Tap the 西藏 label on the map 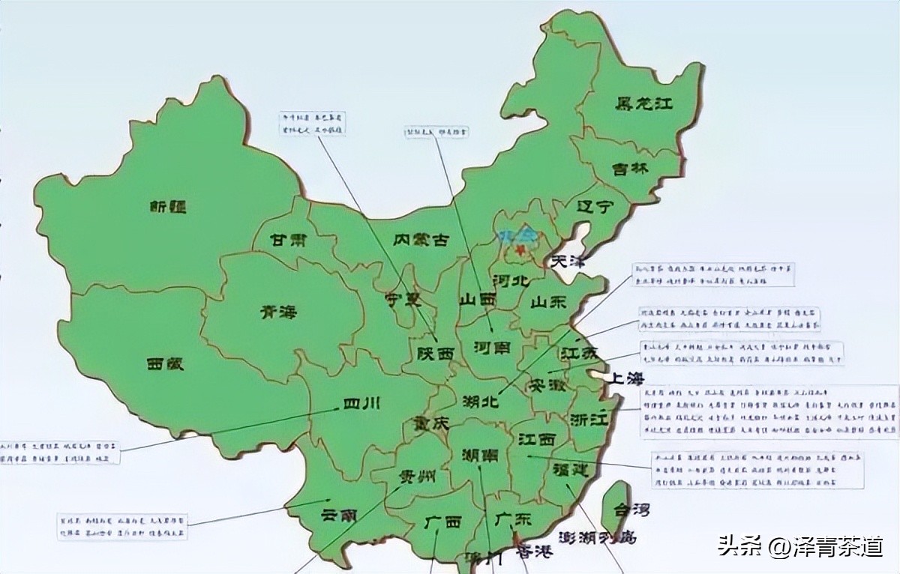click(x=166, y=364)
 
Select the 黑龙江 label click(x=643, y=103)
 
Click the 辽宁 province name click(x=595, y=207)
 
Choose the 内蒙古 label click(x=421, y=240)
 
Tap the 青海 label click(x=278, y=311)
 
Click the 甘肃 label click(x=288, y=241)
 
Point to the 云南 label click(x=339, y=516)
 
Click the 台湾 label click(x=631, y=510)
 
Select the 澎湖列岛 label click(x=597, y=537)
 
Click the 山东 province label click(x=549, y=303)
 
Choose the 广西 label click(x=442, y=522)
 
